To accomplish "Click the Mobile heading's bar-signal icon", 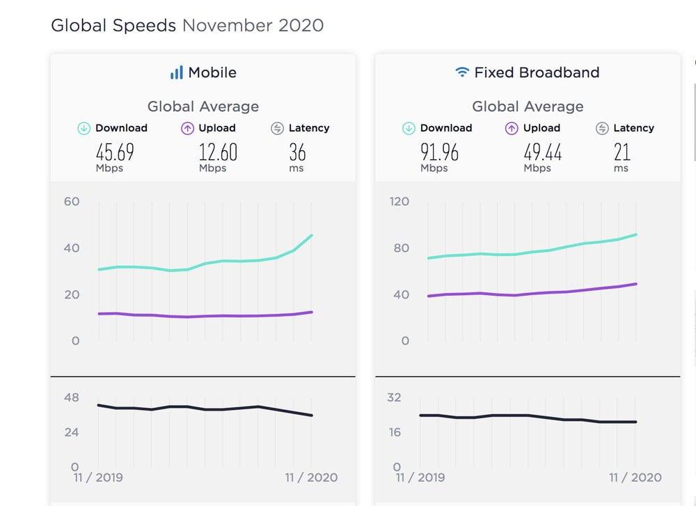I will [177, 72].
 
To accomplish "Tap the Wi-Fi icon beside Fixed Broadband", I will [461, 72].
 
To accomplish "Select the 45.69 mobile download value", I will [115, 152].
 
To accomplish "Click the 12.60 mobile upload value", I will [218, 152].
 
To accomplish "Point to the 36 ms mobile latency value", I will [297, 152].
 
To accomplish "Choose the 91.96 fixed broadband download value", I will [439, 152].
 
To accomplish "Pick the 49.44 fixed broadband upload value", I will [543, 152].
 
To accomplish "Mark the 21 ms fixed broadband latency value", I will [622, 152].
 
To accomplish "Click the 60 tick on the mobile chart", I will [72, 202].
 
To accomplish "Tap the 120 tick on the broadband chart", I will [400, 202].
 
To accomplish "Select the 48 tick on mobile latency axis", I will [72, 398].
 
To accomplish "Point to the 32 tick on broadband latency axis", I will [395, 398].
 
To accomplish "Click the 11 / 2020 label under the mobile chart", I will [311, 477].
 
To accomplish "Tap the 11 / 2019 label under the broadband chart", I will [422, 477].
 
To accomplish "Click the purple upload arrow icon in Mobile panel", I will [187, 128].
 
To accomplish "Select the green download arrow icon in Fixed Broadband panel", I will [409, 128].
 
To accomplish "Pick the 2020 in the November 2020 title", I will [301, 26].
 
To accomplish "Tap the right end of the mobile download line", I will [312, 235].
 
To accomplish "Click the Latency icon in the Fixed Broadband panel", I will [603, 128].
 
